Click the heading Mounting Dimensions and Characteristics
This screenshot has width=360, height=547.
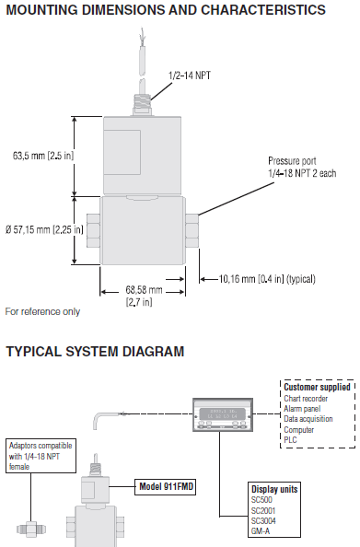(x=165, y=11)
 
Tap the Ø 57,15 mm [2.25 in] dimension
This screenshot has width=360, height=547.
(x=43, y=228)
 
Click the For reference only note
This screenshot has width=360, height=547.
(x=42, y=311)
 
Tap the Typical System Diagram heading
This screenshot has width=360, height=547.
(x=95, y=352)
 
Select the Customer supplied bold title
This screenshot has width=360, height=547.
(x=318, y=388)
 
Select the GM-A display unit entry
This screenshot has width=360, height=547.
(x=262, y=529)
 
